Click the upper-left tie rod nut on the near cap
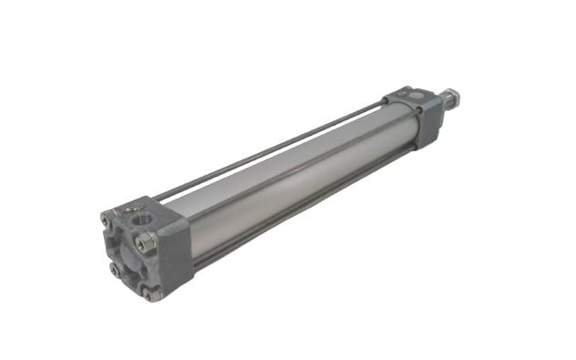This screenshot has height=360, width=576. click(x=107, y=220)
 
